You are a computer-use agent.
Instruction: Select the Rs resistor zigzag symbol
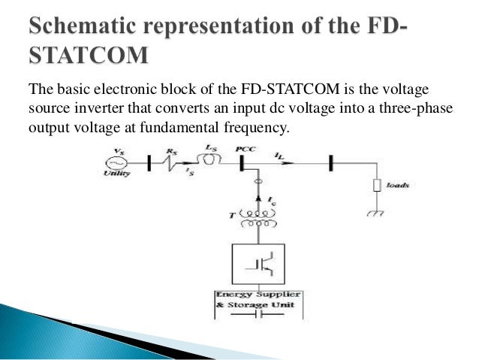tap(174, 162)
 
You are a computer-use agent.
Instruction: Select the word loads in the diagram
tap(399, 184)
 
